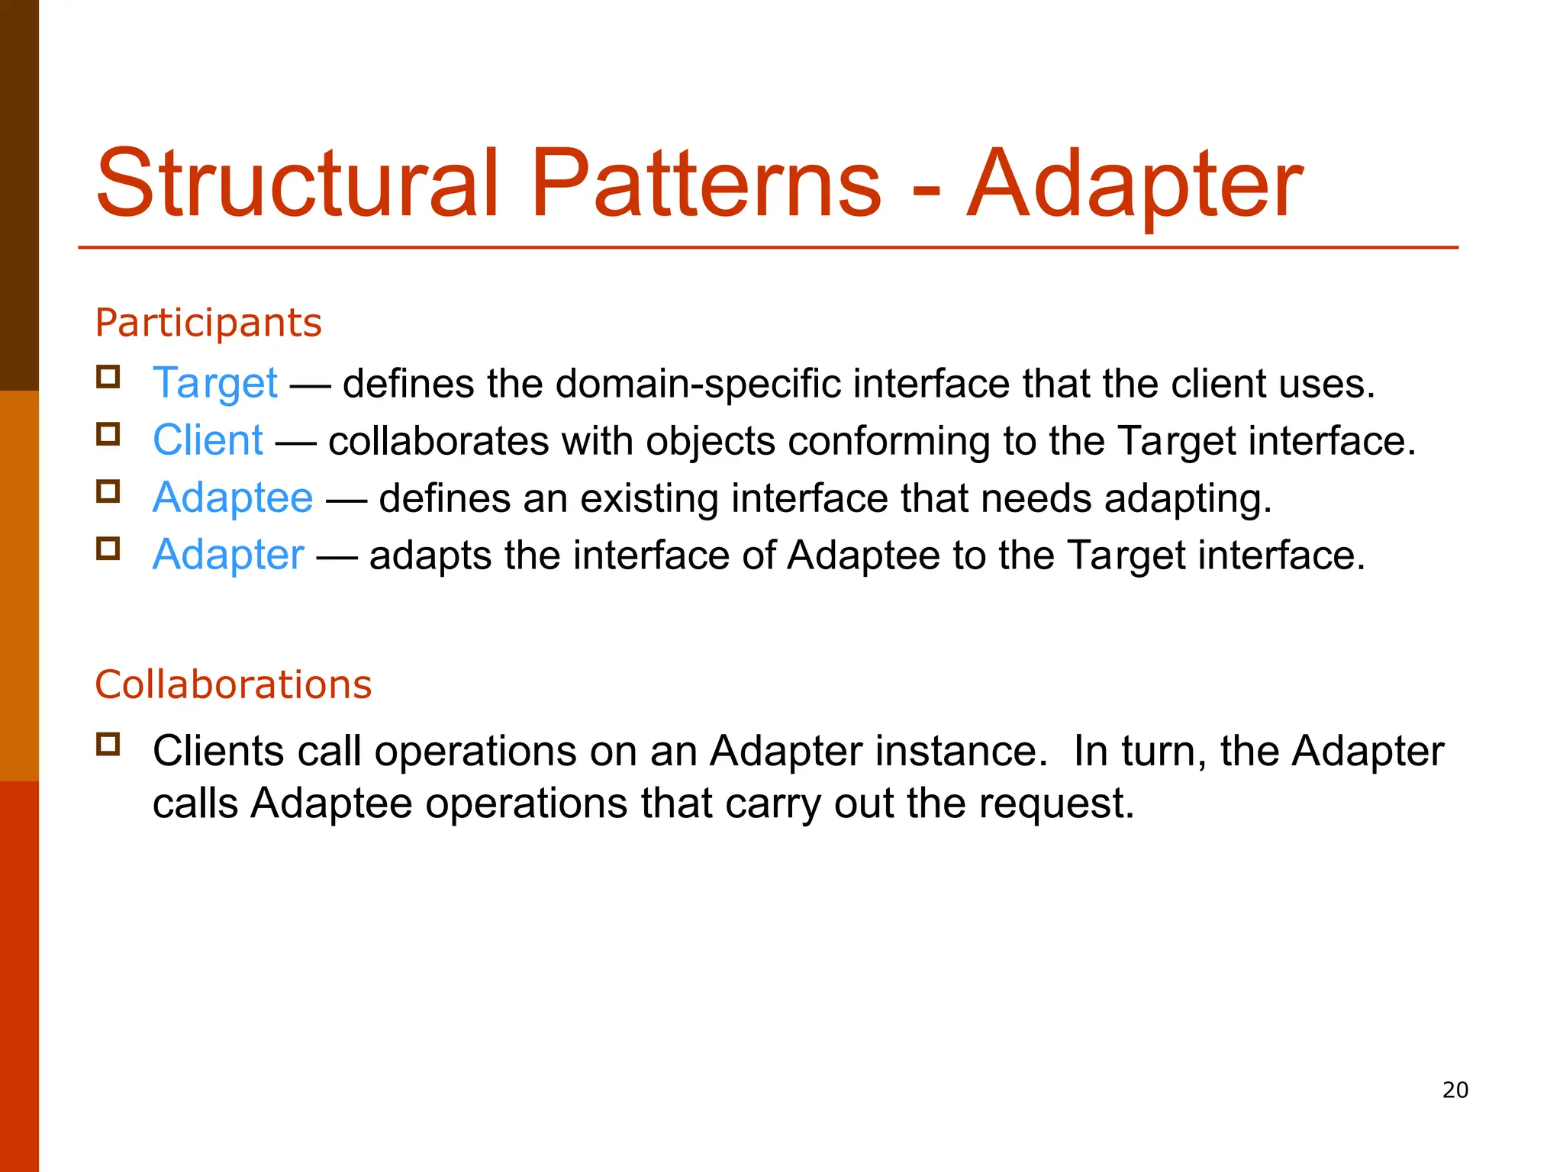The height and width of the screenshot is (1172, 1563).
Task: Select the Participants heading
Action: [x=208, y=323]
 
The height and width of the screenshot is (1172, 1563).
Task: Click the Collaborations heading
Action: [x=233, y=684]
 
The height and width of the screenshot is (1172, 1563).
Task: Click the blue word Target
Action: [x=214, y=384]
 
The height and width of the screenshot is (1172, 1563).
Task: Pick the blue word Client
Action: [x=208, y=441]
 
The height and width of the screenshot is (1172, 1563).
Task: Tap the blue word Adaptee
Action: [x=233, y=498]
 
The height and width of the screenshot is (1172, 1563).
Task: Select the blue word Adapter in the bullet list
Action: [x=228, y=555]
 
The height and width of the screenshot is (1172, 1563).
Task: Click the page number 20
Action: [x=1455, y=1090]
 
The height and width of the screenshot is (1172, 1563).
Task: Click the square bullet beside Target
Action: [x=108, y=377]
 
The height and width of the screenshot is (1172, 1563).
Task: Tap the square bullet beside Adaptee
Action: [x=108, y=491]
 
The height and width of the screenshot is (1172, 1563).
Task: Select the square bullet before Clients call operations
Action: [x=108, y=744]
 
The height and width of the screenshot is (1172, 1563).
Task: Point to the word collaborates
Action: [x=438, y=442]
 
